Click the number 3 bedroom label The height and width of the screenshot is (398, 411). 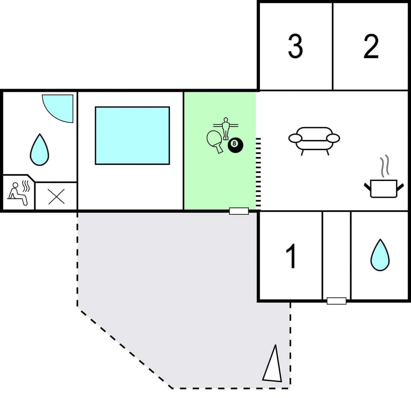click(295, 47)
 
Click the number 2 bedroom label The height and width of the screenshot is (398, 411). click(371, 47)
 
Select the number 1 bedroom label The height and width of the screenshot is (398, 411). click(291, 257)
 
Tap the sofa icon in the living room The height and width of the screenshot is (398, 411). click(314, 140)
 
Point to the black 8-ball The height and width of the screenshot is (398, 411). click(235, 145)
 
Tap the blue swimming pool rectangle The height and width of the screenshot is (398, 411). click(132, 135)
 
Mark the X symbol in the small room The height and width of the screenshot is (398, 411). click(56, 196)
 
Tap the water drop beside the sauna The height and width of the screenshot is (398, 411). click(39, 150)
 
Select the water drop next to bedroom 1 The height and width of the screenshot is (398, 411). click(380, 255)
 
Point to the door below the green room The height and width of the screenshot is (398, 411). click(239, 211)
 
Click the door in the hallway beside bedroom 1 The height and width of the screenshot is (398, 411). click(336, 301)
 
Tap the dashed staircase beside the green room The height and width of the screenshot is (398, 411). click(258, 173)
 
